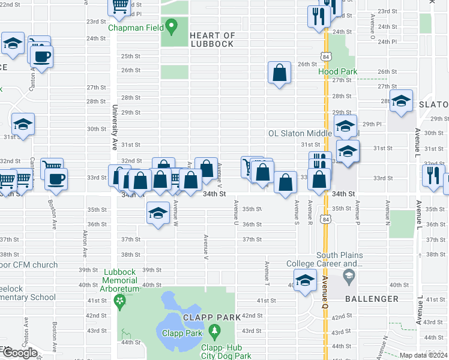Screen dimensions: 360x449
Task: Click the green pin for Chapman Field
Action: (x=172, y=26)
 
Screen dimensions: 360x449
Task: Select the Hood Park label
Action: (x=337, y=71)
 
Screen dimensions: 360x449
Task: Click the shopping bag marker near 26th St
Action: (x=280, y=73)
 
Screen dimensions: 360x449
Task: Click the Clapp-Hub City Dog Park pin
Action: (x=214, y=330)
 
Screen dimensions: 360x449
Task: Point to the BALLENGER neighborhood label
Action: (x=372, y=298)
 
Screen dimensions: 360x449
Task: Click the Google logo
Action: (x=19, y=352)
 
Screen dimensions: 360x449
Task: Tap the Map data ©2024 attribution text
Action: (x=424, y=355)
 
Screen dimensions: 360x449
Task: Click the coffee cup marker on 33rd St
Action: (x=56, y=179)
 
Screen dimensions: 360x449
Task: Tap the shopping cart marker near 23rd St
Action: (x=119, y=5)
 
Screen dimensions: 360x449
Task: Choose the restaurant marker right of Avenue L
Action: (x=432, y=175)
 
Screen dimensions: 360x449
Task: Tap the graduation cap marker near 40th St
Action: (x=306, y=280)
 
